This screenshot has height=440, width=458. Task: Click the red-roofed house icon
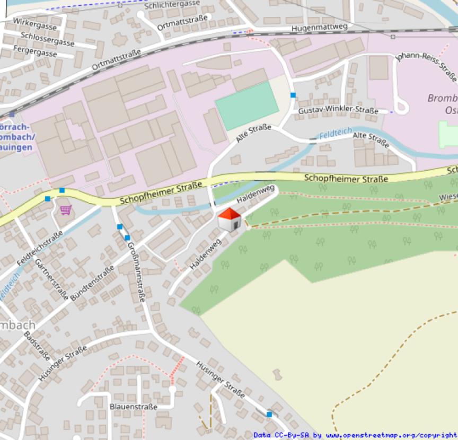click(230, 219)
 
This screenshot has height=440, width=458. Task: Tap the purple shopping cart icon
click(66, 210)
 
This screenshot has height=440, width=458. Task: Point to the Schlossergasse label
click(48, 39)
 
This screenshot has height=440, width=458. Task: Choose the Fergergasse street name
click(36, 54)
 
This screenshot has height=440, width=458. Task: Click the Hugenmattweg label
click(320, 27)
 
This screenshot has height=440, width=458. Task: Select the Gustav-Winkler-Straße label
click(338, 111)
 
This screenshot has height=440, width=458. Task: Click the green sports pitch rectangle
click(247, 105)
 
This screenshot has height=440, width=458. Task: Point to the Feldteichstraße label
click(40, 248)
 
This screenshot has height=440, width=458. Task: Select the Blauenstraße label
click(133, 407)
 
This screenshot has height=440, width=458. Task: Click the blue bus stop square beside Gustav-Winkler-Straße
click(293, 95)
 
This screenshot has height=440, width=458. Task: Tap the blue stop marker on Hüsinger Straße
click(269, 414)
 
